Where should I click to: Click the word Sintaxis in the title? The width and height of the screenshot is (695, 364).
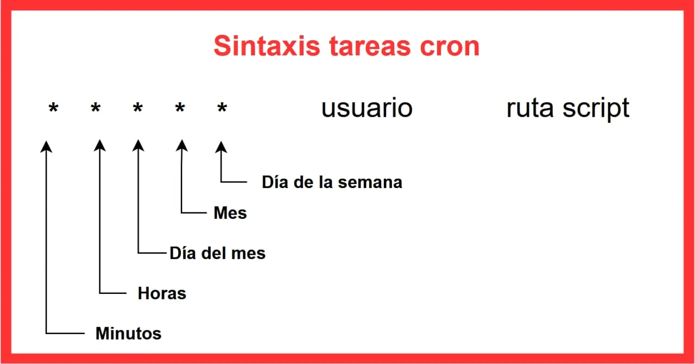click(267, 46)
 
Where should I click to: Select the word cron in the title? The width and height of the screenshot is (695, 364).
click(450, 47)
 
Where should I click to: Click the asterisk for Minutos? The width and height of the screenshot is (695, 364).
click(53, 108)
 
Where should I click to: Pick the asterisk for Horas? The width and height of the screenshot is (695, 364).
click(96, 108)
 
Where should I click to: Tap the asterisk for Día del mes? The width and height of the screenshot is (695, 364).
click(138, 108)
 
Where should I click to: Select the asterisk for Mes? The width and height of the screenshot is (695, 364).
click(180, 108)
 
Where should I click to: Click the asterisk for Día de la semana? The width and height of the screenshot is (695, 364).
click(222, 108)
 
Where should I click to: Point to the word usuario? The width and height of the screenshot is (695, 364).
click(367, 108)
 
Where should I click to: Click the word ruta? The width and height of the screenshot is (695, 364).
click(530, 109)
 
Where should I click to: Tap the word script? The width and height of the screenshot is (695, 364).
click(596, 109)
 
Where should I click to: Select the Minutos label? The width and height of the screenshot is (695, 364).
click(129, 334)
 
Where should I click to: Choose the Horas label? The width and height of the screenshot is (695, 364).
click(162, 293)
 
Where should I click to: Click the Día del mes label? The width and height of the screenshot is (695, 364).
click(218, 253)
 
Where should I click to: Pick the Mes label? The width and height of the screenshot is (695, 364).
click(230, 213)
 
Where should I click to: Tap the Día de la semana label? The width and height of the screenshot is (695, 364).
click(332, 182)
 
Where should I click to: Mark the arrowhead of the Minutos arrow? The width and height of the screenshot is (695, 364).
click(46, 146)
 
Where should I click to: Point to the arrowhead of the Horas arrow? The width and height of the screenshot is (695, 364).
click(99, 145)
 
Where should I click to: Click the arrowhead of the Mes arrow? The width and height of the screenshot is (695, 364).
click(182, 146)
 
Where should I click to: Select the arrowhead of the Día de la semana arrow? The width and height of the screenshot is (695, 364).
click(221, 147)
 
